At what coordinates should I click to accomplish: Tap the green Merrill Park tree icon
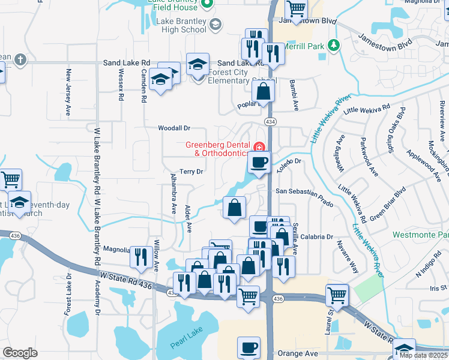[335, 46]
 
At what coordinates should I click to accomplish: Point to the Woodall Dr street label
[174, 128]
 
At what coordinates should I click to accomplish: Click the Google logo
[20, 353]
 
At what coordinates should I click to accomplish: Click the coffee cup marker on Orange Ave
[249, 347]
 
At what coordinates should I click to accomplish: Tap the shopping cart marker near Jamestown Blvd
[296, 9]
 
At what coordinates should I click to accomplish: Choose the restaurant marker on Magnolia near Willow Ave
[141, 256]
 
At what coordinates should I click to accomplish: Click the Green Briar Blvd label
[388, 203]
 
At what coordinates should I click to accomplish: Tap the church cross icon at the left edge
[20, 59]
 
